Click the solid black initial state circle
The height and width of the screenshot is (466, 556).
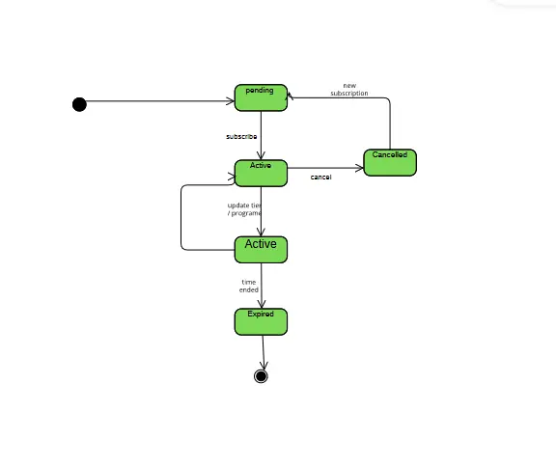(79, 104)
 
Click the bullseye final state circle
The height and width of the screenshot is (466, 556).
(261, 376)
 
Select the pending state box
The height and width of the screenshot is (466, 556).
(261, 97)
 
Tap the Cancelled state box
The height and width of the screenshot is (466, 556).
(390, 162)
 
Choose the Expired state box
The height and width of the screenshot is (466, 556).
(261, 321)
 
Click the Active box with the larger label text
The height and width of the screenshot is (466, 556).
(261, 249)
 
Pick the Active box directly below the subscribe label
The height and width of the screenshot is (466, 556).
(261, 173)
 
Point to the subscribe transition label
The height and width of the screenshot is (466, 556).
(241, 137)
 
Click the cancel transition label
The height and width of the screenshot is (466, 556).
(321, 178)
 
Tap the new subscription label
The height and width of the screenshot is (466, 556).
(349, 90)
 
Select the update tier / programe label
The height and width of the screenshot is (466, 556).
(244, 209)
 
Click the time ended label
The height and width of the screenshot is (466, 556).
(249, 286)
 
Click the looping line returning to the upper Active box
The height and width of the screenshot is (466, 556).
(181, 217)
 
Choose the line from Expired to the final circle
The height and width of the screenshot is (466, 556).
(263, 352)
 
